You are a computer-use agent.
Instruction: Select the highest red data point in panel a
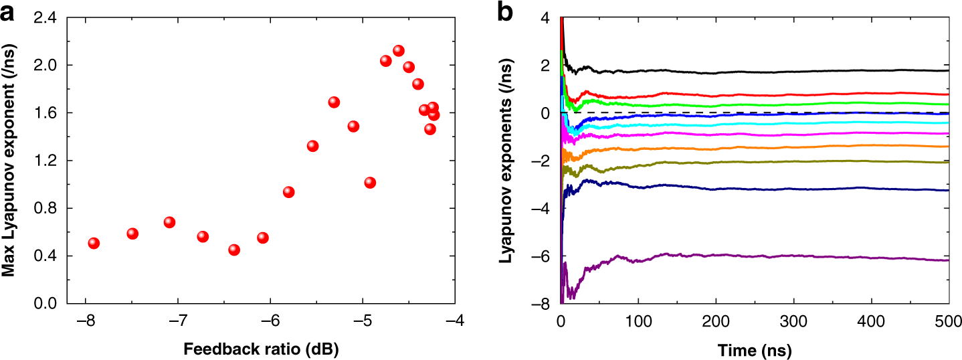[x=399, y=51]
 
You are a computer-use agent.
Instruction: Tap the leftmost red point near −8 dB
[x=94, y=243]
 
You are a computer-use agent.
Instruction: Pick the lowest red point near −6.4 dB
[x=234, y=250]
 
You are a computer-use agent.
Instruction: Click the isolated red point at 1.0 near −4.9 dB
[x=370, y=183]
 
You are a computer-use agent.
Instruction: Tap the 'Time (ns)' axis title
[x=755, y=349]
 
